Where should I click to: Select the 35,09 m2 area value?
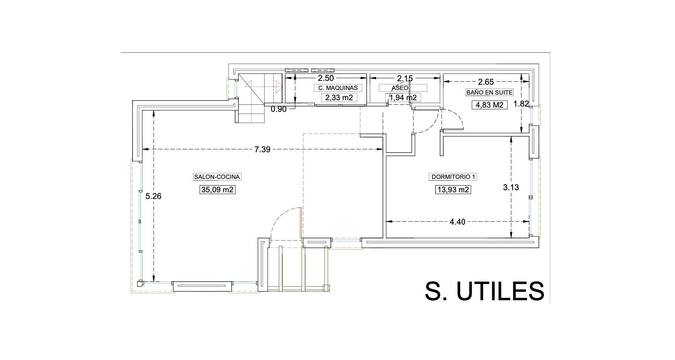(x=217, y=190)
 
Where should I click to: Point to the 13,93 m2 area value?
(x=453, y=190)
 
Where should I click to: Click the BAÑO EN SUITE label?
(x=489, y=92)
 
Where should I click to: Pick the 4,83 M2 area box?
(x=489, y=105)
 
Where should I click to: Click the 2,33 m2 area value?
(x=339, y=97)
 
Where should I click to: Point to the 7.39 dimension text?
(x=262, y=149)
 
